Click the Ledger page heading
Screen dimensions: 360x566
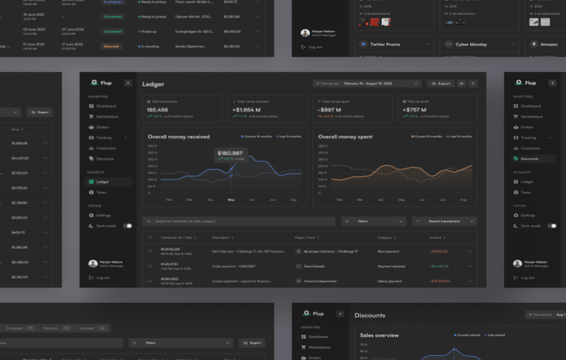[153, 84]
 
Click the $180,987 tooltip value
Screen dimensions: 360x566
[230, 153]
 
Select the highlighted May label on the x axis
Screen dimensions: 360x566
[231, 200]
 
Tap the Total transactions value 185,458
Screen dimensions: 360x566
[157, 110]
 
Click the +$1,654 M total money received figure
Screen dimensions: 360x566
[246, 110]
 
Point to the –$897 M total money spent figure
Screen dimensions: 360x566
[329, 110]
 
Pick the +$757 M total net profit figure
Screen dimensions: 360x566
[415, 110]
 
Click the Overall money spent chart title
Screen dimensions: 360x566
[345, 136]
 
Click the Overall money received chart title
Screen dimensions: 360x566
[178, 136]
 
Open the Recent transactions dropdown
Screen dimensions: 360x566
[444, 221]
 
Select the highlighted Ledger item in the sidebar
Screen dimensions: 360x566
[102, 182]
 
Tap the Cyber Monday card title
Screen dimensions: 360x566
[471, 44]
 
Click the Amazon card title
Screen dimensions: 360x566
[549, 44]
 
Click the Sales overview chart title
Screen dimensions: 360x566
[379, 335]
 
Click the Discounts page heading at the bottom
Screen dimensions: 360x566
[370, 315]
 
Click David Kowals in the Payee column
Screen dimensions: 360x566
[314, 266]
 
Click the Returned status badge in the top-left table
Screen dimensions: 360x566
[111, 46]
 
